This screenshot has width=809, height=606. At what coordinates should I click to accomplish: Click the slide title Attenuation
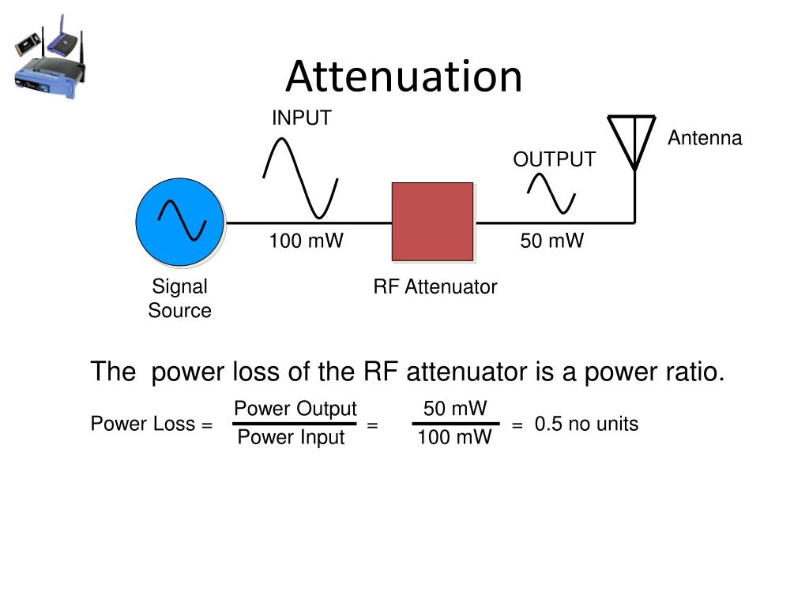click(404, 77)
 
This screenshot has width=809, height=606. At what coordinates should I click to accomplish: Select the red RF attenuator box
click(433, 222)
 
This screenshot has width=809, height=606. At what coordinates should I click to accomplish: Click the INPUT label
click(301, 118)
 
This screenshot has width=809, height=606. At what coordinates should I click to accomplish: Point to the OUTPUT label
click(554, 159)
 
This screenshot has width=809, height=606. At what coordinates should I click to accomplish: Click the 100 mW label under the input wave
click(306, 241)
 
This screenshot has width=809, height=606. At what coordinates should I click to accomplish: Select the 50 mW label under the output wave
click(551, 241)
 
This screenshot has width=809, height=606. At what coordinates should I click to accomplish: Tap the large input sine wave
click(301, 178)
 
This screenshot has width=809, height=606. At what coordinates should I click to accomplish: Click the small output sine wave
click(551, 193)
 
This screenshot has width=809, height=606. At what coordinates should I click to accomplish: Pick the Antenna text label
click(705, 139)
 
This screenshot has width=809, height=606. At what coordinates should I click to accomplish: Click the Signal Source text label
click(179, 298)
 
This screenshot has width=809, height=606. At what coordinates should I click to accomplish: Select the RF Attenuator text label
click(435, 287)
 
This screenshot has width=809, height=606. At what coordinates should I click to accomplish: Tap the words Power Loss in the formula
click(143, 425)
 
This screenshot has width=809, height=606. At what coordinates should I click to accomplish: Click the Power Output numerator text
click(295, 409)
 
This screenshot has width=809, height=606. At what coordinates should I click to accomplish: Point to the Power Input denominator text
click(291, 438)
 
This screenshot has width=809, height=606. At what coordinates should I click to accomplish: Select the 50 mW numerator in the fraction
click(455, 409)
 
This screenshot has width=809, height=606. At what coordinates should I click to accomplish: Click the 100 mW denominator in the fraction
click(454, 438)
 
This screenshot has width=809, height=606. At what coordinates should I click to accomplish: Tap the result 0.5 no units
click(585, 425)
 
